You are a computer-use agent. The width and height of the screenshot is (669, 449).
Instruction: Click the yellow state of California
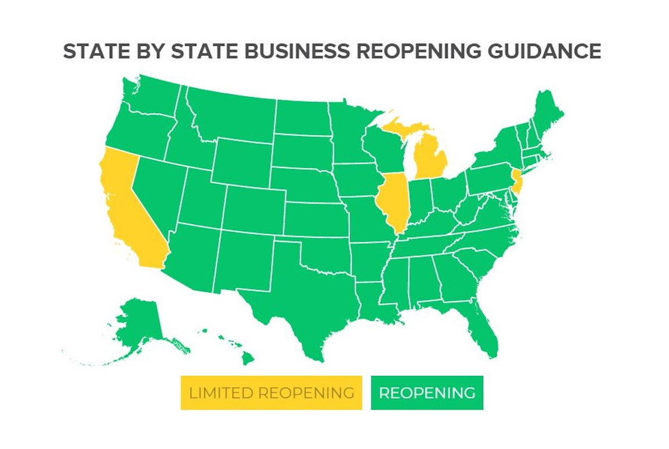(125, 206)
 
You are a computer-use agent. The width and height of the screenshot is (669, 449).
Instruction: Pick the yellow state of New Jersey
(516, 182)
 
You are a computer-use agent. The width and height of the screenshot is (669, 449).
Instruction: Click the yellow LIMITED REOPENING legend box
(271, 393)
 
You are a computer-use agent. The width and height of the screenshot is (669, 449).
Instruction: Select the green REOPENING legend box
(427, 393)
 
